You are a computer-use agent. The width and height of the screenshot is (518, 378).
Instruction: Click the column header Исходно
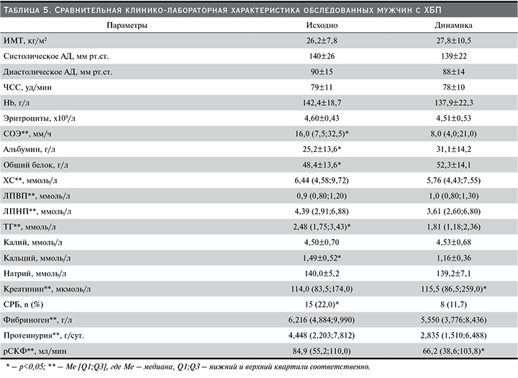pos(322,25)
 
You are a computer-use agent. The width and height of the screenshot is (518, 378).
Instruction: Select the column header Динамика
pos(453,25)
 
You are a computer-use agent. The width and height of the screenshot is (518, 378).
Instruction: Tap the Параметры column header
pos(127,25)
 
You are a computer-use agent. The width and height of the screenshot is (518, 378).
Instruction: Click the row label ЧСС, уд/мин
pos(27,87)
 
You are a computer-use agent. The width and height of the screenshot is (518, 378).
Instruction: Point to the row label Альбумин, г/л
pos(29,150)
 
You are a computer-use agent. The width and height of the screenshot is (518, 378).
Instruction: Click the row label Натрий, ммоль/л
pos(35,274)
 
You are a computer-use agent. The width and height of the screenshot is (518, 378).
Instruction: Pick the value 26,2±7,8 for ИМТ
pos(322,40)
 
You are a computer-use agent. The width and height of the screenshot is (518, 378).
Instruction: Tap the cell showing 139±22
pos(453,56)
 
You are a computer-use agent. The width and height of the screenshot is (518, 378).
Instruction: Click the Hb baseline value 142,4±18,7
pos(322,103)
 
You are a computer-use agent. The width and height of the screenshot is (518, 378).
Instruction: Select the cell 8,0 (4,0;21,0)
pos(453,134)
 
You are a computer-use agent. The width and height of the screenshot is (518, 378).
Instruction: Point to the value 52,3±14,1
pos(453,165)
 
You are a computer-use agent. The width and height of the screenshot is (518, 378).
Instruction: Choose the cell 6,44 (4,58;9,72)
pos(322,181)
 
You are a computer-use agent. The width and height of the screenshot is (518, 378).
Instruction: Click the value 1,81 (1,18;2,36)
pos(453,227)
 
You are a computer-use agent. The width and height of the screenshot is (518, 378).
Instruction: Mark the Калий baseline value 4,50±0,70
pos(322,243)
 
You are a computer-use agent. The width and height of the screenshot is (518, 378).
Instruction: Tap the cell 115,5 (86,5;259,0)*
pos(453,289)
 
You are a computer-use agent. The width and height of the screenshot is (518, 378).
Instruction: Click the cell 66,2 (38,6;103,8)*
pos(453,351)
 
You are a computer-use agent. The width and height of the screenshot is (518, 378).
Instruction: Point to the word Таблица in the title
pos(21,10)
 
